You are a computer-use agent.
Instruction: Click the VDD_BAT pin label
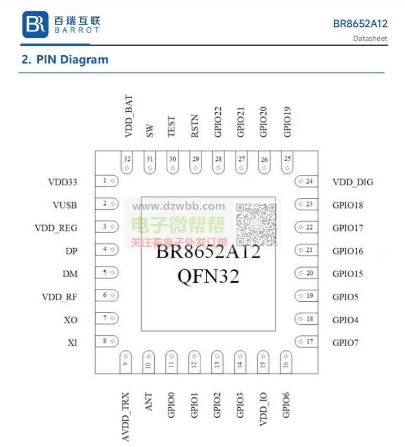tap(128, 116)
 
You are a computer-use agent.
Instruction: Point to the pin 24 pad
tap(306, 182)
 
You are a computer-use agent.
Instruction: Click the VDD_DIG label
tap(353, 183)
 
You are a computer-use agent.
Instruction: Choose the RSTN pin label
tap(195, 126)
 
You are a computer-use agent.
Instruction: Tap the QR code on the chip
tap(255, 224)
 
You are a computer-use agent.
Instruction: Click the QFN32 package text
tap(208, 275)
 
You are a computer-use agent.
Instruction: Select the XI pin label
tap(72, 343)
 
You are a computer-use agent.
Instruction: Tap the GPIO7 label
tap(345, 343)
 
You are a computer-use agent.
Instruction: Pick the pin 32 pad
tap(127, 163)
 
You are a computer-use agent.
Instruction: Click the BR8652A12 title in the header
tap(360, 24)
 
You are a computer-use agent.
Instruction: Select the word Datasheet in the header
tap(370, 38)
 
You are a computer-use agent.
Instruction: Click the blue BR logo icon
tap(35, 25)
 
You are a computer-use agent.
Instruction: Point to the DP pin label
tap(71, 251)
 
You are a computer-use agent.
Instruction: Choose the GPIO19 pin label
tap(287, 122)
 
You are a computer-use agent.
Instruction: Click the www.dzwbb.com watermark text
tap(178, 206)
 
